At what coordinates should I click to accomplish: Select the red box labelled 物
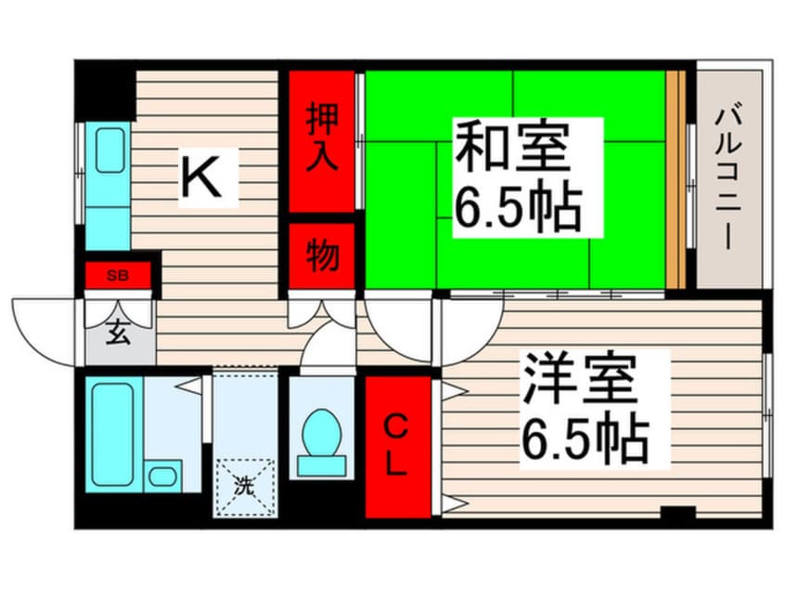pyautogui.click(x=322, y=255)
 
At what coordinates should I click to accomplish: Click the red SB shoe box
pyautogui.click(x=118, y=275)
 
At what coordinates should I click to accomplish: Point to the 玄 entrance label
pyautogui.click(x=118, y=332)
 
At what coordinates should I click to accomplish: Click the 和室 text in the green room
pyautogui.click(x=512, y=147)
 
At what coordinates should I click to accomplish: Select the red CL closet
pyautogui.click(x=398, y=447)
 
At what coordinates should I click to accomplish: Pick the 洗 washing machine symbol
pyautogui.click(x=245, y=486)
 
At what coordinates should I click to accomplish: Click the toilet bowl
pyautogui.click(x=322, y=432)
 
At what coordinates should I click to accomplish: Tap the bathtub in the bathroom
pyautogui.click(x=113, y=435)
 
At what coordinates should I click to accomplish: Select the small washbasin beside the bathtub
pyautogui.click(x=162, y=476)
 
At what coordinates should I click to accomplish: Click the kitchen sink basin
pyautogui.click(x=109, y=151)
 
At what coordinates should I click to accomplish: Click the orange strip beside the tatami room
pyautogui.click(x=676, y=180)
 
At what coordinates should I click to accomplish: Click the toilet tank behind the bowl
pyautogui.click(x=321, y=465)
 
